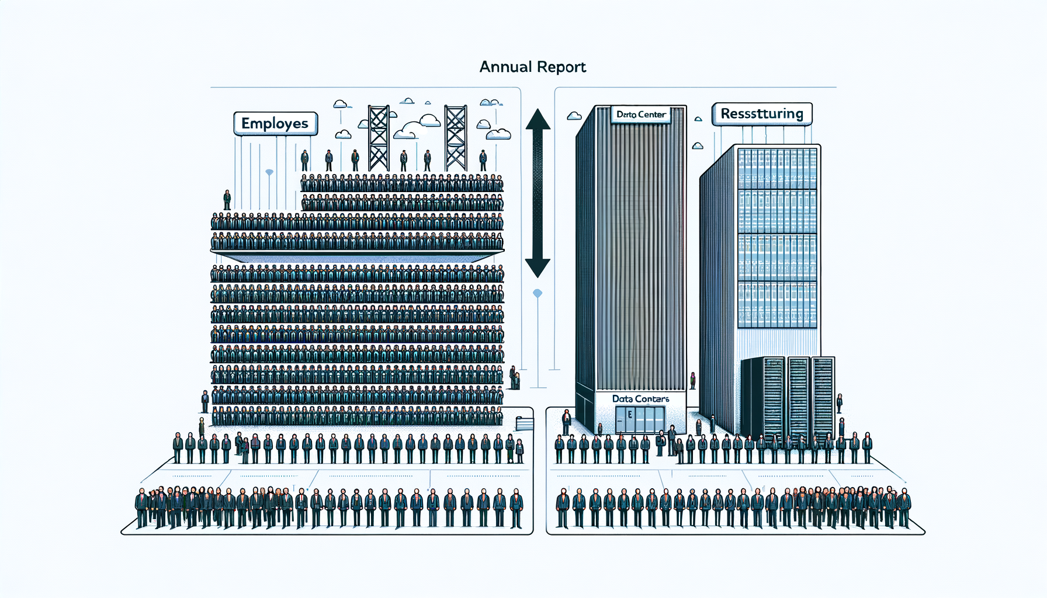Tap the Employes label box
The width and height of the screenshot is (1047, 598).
coord(275,124)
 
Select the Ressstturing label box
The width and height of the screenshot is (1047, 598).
coord(762,114)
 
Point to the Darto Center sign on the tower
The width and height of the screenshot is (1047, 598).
coord(641,114)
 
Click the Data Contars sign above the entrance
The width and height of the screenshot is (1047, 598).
coord(640,399)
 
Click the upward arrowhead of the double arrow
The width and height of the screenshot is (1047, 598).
coord(538,120)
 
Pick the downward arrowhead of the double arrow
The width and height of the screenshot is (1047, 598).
coord(538,267)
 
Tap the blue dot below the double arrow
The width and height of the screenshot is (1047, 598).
coord(538,293)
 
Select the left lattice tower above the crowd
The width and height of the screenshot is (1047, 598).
coord(379,138)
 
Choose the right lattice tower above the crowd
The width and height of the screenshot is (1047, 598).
coord(456,138)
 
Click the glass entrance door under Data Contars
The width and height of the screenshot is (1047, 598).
coord(640,420)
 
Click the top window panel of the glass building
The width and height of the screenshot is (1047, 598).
coord(777,168)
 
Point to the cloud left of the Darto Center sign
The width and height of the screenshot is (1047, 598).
coord(574,116)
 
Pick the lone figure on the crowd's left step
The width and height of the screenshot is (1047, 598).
coord(227,200)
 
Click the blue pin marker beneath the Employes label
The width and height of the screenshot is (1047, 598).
coord(269,173)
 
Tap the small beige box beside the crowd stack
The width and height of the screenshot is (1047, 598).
coord(524,424)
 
